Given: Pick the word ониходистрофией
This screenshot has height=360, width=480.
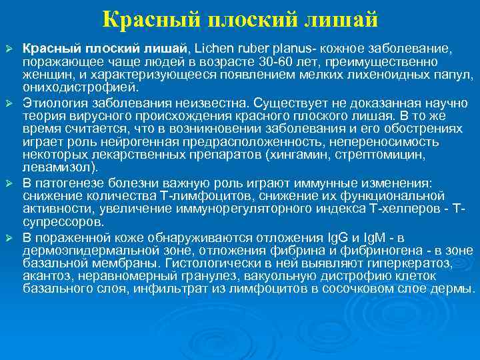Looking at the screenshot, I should (81, 87).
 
